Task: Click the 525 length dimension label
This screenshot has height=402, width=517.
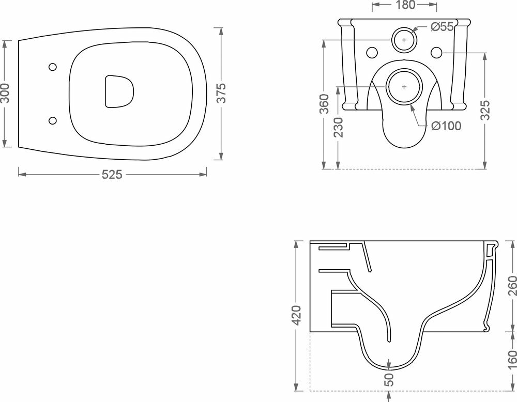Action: tap(112, 175)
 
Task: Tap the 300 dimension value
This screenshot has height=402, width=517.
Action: tap(6, 94)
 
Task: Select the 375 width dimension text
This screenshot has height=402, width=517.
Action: tap(221, 94)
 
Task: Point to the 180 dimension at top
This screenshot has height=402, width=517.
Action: tap(405, 6)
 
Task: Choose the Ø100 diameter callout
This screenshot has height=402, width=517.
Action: tap(446, 126)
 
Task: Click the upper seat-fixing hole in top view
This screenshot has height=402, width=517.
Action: tap(52, 67)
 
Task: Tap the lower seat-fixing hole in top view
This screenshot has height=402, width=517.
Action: tap(52, 120)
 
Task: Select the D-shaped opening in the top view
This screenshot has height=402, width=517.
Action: tap(118, 92)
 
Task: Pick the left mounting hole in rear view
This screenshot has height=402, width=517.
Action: tap(371, 52)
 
